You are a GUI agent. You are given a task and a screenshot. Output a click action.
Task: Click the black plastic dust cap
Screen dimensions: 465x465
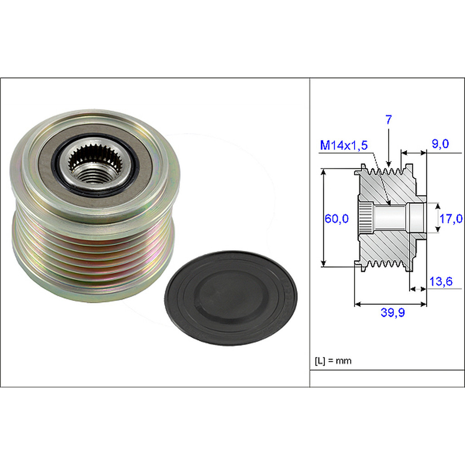(x=231, y=297)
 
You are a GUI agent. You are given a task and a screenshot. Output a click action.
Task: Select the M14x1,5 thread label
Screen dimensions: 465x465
(x=344, y=145)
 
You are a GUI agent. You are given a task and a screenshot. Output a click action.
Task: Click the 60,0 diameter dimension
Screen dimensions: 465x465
(x=336, y=218)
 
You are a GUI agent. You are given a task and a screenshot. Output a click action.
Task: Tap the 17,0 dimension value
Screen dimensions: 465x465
(x=450, y=218)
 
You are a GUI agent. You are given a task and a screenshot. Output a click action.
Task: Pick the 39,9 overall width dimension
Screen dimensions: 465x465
(x=392, y=312)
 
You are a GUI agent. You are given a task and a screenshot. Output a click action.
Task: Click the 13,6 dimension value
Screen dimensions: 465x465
(x=440, y=282)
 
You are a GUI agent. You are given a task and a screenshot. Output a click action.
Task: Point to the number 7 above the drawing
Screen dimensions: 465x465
(x=389, y=120)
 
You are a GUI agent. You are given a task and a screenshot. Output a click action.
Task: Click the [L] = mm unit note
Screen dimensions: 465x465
(x=333, y=361)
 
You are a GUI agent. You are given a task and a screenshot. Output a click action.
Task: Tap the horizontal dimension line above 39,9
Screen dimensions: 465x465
(x=391, y=304)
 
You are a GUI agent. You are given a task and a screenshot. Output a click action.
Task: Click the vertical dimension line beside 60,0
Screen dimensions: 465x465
(x=323, y=218)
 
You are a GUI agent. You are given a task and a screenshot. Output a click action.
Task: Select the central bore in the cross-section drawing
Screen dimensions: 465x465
(x=391, y=218)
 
